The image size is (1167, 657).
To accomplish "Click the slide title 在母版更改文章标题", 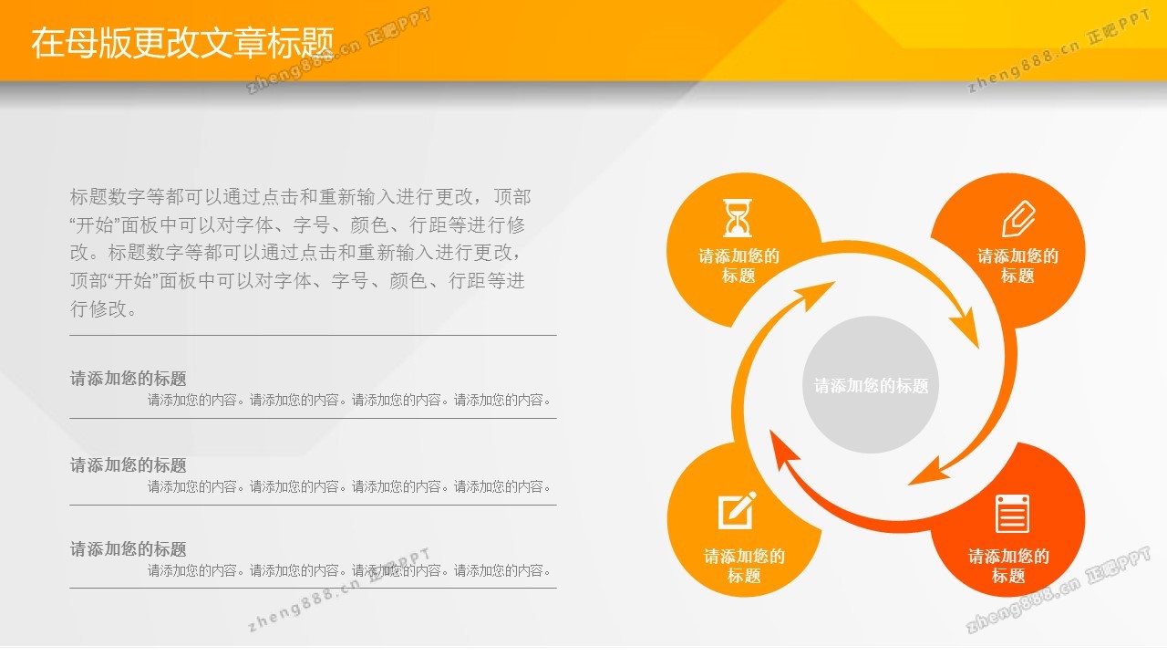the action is (182, 42).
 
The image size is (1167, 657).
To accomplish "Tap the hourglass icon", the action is (738, 217).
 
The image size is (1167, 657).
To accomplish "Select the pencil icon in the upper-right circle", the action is (1018, 218).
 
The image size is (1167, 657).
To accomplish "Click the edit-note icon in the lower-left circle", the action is (738, 510).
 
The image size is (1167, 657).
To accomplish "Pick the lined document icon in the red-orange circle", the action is (1012, 514).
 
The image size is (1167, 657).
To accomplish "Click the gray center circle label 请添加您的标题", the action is (871, 386).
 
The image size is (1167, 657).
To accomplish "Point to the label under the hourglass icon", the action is (738, 266).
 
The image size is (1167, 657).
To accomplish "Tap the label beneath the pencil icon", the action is (1017, 266).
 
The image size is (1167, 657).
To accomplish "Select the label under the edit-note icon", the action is (744, 566).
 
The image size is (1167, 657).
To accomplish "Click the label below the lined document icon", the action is (1008, 566).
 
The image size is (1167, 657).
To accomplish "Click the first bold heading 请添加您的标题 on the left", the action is (129, 379).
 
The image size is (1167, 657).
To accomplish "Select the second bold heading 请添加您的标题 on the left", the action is (129, 465).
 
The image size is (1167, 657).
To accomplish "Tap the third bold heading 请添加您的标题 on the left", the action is (129, 549).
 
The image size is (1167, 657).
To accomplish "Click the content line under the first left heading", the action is (349, 400).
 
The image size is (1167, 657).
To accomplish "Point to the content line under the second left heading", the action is (349, 486).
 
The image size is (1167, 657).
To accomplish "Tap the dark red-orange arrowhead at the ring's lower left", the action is (784, 451).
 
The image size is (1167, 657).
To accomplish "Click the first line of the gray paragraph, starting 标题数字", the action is (300, 197).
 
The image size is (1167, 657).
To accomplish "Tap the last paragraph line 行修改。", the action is (103, 308).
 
